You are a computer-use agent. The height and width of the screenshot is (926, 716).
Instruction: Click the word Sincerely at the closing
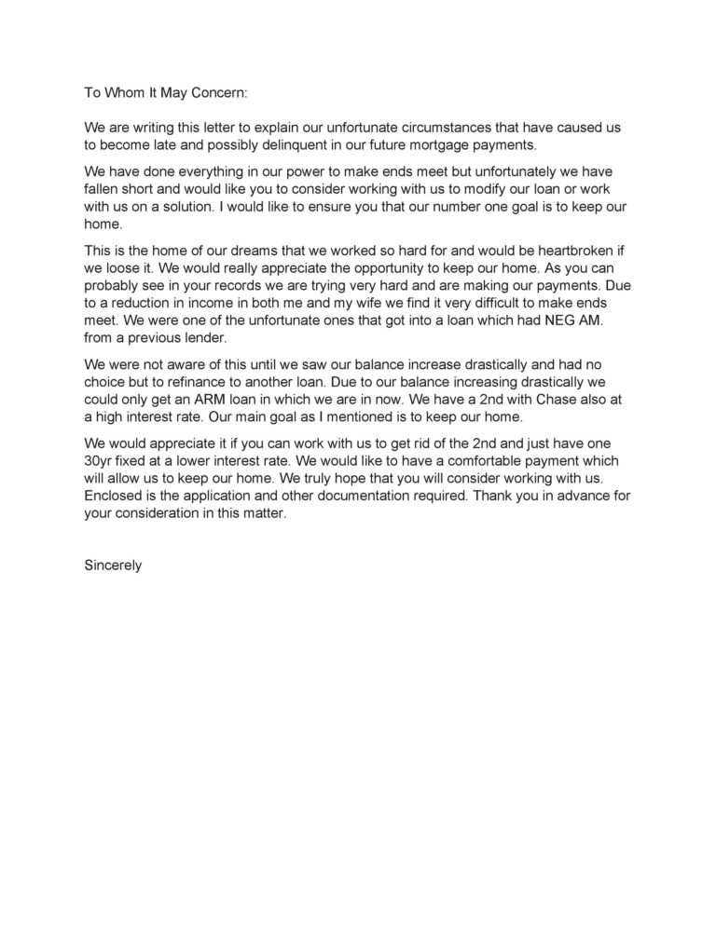click(113, 565)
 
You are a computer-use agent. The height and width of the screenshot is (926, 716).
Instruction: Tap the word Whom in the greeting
click(124, 93)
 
